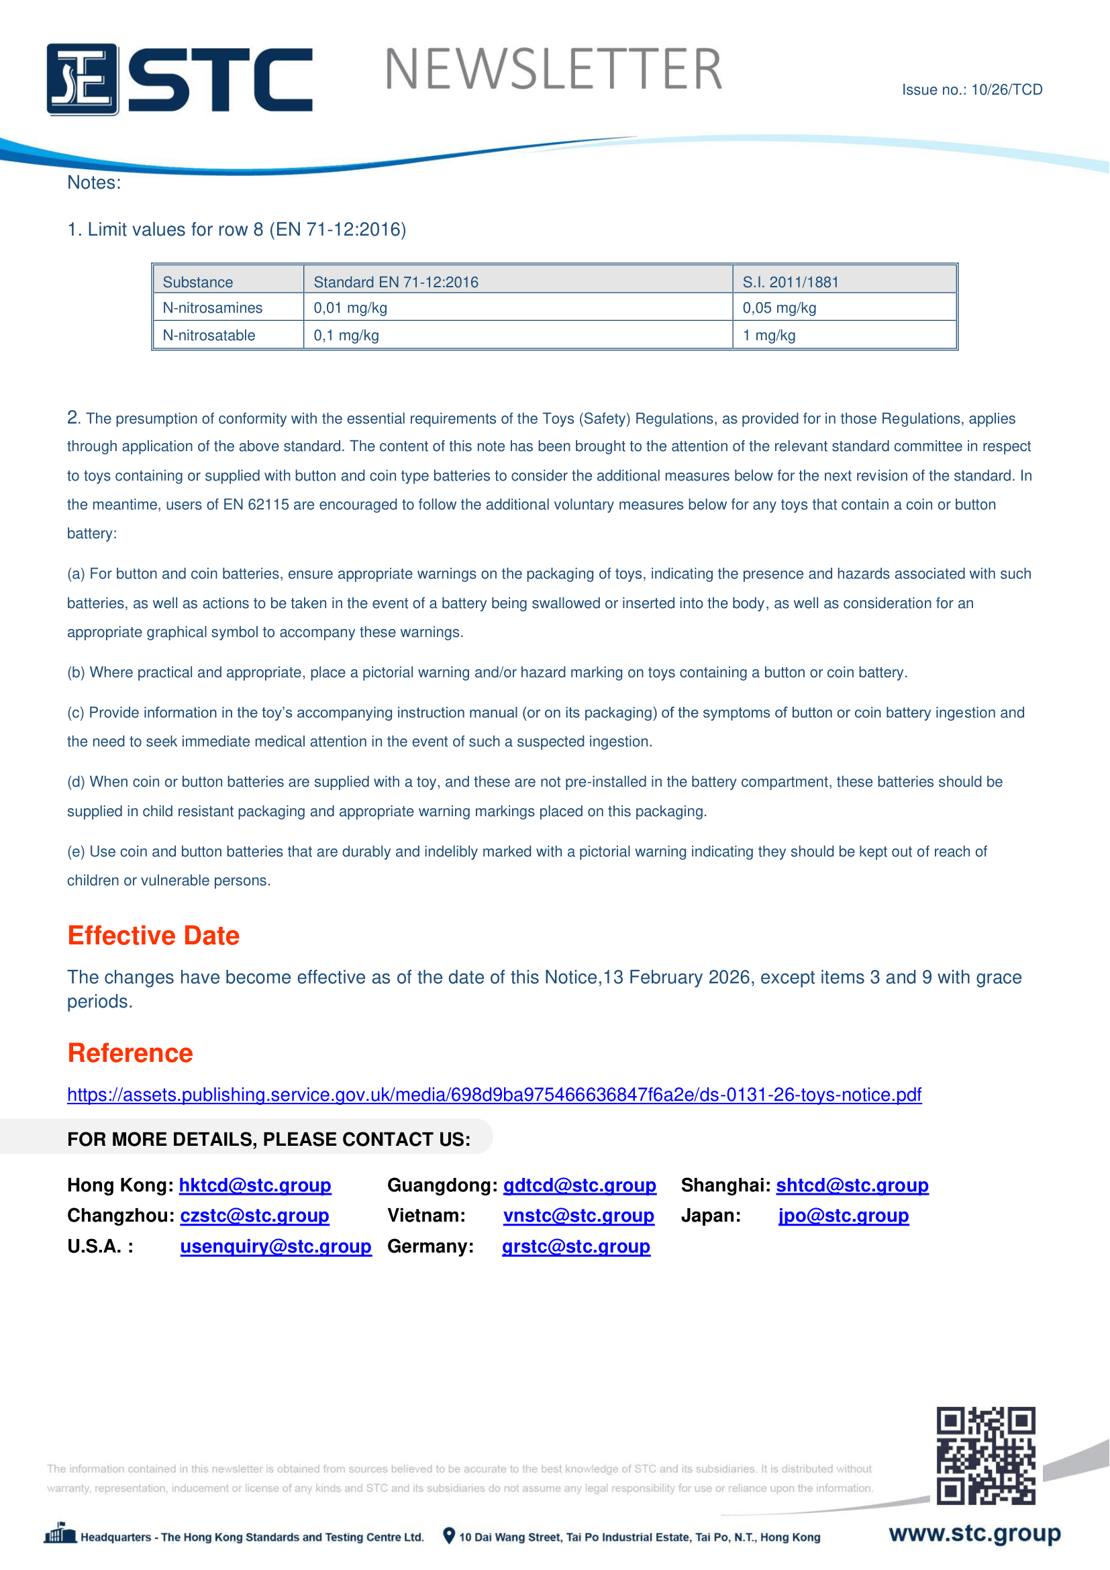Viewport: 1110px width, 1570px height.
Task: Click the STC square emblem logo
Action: (82, 79)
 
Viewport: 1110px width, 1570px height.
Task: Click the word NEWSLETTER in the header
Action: (553, 70)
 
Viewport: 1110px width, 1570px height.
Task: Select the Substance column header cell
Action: (197, 282)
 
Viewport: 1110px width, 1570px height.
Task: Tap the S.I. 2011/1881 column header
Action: (790, 282)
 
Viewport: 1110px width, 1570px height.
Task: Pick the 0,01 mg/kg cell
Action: (350, 307)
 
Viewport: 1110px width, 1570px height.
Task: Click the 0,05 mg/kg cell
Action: (779, 307)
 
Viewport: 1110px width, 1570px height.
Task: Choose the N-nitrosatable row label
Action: (209, 335)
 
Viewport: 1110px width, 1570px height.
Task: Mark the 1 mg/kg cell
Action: (769, 335)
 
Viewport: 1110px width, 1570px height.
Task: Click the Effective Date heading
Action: (153, 936)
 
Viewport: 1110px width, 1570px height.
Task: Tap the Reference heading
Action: (130, 1053)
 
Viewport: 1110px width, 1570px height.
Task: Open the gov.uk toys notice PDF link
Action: (494, 1095)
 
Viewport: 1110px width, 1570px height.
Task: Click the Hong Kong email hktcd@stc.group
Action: (255, 1185)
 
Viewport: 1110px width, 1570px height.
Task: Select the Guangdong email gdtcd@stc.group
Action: (580, 1185)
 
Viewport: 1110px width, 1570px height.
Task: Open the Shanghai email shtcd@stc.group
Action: (852, 1185)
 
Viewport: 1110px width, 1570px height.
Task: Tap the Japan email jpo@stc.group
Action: (844, 1216)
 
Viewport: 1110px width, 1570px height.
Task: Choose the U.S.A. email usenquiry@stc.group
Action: (275, 1246)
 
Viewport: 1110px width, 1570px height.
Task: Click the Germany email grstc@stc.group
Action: (576, 1246)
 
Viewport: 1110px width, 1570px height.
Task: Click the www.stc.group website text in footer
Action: (974, 1533)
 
